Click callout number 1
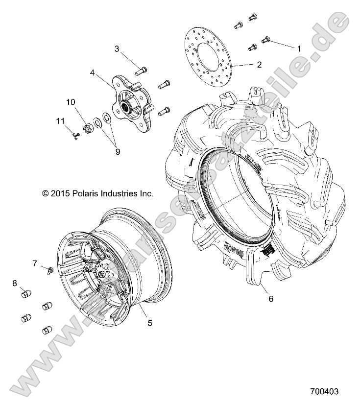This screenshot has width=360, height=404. click(x=297, y=48)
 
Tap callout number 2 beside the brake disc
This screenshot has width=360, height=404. click(x=259, y=64)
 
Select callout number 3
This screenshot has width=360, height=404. click(x=117, y=48)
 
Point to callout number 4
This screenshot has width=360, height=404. click(x=92, y=74)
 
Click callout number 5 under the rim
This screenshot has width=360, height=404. click(x=150, y=323)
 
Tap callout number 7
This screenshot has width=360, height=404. click(x=35, y=263)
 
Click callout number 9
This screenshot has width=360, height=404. click(x=117, y=152)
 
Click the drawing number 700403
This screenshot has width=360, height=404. click(x=324, y=392)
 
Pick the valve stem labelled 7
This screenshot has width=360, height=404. click(x=50, y=270)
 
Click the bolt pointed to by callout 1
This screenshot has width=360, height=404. click(x=267, y=40)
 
